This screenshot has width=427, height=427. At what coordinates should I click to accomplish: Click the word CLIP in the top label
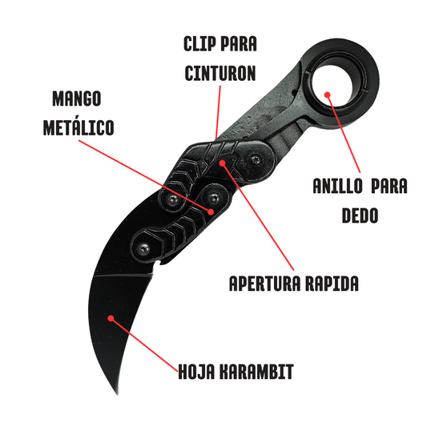(200, 44)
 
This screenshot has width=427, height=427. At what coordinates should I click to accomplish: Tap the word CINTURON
(220, 73)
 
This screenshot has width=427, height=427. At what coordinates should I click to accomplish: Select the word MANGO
(77, 99)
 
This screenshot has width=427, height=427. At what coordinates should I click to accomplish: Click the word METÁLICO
(79, 127)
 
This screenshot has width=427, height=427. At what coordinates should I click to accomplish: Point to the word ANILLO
(338, 186)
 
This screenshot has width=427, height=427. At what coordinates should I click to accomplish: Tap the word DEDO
(360, 216)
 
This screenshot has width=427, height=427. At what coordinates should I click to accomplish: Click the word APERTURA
(265, 284)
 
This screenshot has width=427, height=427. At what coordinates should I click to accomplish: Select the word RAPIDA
(332, 284)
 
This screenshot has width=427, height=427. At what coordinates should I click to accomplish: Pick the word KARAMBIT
(256, 371)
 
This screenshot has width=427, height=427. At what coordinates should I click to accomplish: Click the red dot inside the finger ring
(328, 95)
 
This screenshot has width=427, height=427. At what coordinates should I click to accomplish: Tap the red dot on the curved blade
(111, 318)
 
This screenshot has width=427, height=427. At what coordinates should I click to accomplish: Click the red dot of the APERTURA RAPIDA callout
(223, 163)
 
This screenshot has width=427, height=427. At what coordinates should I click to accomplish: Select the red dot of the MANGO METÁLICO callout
(211, 211)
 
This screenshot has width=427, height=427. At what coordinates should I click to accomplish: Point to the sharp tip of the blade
(118, 393)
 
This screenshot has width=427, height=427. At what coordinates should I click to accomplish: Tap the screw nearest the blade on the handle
(143, 248)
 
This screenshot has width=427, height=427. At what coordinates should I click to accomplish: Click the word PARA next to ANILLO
(389, 186)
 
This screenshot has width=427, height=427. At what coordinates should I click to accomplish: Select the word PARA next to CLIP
(239, 44)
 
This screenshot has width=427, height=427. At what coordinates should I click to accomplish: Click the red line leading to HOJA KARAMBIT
(144, 345)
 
